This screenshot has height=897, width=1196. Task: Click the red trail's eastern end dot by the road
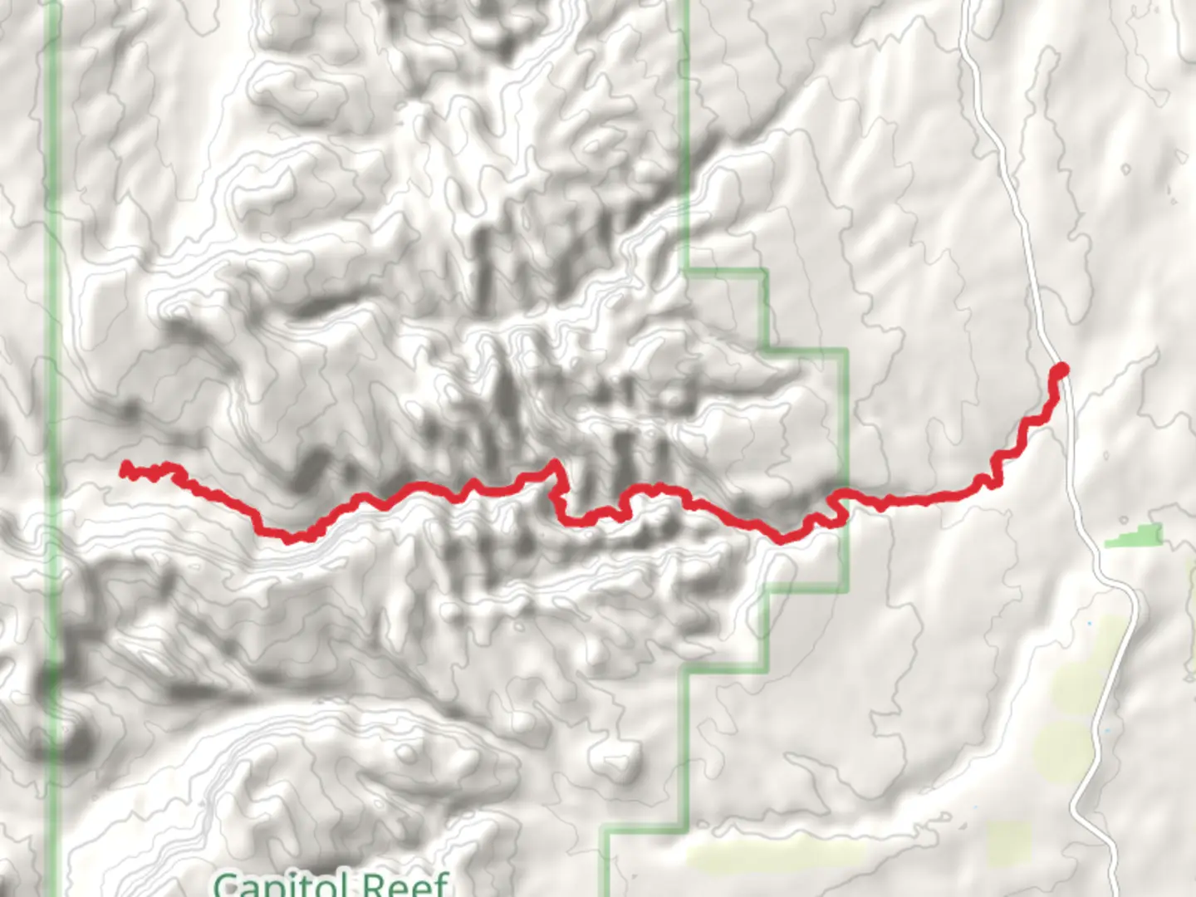tap(1060, 370)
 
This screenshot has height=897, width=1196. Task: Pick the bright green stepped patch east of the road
tap(1135, 536)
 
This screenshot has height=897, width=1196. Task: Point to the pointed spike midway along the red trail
tap(554, 464)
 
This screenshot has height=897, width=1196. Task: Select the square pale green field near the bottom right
tap(1008, 847)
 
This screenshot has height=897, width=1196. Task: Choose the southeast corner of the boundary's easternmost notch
tap(846, 590)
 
